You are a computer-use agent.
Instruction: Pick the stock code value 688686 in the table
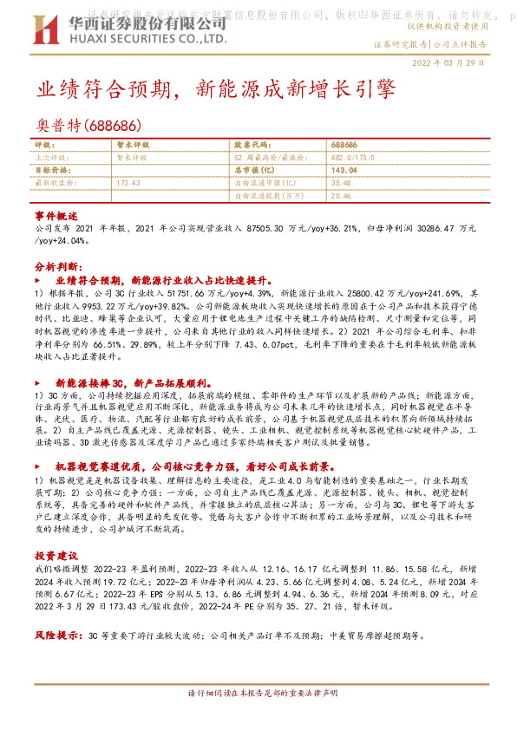pos(344,146)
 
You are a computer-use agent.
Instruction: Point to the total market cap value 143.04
pos(344,171)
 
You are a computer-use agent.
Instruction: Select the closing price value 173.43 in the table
pos(128,183)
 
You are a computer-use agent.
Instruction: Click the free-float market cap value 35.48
pos(341,183)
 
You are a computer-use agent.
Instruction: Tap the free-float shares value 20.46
pos(341,196)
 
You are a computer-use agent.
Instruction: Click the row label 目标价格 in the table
pos(50,171)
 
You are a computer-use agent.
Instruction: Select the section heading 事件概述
pos(56,213)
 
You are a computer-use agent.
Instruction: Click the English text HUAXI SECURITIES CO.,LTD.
pos(146,38)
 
